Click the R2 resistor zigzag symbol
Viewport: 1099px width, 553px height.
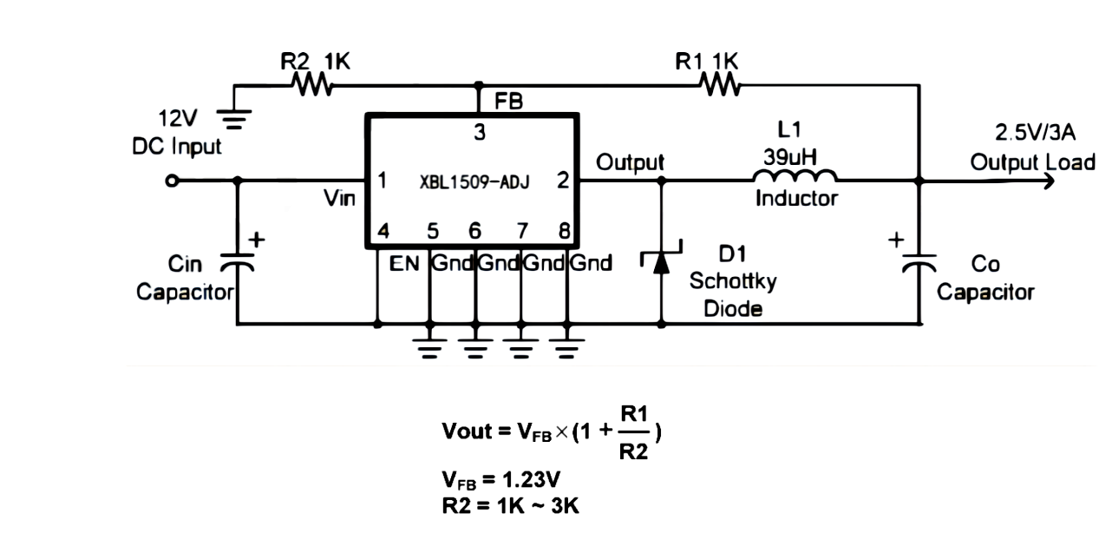(310, 85)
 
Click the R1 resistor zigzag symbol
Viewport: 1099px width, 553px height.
(719, 85)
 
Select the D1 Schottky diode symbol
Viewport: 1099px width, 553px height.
(662, 260)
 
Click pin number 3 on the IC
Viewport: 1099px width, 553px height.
(479, 134)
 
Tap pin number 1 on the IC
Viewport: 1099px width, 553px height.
(382, 181)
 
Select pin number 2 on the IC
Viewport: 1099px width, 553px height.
(563, 181)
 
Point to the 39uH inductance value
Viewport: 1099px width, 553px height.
(789, 157)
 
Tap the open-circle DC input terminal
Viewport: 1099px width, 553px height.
(172, 181)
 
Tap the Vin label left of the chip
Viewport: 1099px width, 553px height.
(339, 199)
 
